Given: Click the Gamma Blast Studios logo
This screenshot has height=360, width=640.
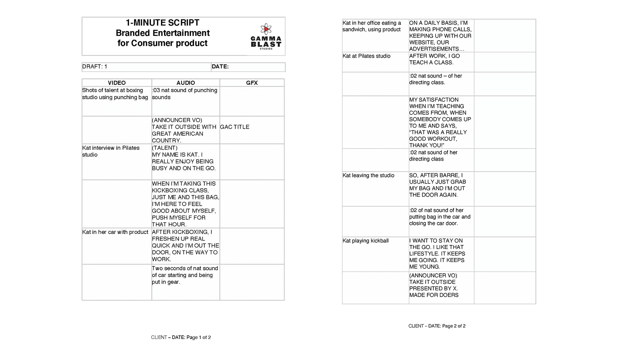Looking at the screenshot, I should pyautogui.click(x=266, y=37).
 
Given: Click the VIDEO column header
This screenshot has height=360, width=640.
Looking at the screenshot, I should pyautogui.click(x=117, y=83).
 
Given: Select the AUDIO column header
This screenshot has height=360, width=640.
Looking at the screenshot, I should pyautogui.click(x=186, y=83).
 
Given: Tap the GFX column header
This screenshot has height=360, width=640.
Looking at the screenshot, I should pyautogui.click(x=252, y=83).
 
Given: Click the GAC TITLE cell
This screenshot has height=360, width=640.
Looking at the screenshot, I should pyautogui.click(x=235, y=127).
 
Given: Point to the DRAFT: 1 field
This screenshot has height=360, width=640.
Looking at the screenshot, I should pyautogui.click(x=95, y=67).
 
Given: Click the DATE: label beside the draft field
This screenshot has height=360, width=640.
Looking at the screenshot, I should pyautogui.click(x=220, y=67).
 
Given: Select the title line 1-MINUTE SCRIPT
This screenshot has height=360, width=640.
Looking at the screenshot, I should pyautogui.click(x=162, y=23).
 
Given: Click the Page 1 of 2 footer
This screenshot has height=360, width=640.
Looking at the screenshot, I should pyautogui.click(x=181, y=337).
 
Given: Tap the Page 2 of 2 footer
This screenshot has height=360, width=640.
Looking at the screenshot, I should pyautogui.click(x=437, y=326).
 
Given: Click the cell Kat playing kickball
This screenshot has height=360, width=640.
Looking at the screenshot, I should pyautogui.click(x=366, y=241).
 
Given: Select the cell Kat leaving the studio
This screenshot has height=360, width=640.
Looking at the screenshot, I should pyautogui.click(x=368, y=175).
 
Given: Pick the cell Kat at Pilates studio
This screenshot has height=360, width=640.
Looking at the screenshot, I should pyautogui.click(x=366, y=56).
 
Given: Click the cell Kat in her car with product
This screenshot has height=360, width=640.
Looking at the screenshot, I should pyautogui.click(x=115, y=232).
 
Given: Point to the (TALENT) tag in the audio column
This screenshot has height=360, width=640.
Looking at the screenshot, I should pyautogui.click(x=165, y=148).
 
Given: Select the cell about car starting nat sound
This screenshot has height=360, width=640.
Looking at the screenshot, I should pyautogui.click(x=185, y=275).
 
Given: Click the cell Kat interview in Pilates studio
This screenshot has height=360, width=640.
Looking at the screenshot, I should pyautogui.click(x=111, y=151).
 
